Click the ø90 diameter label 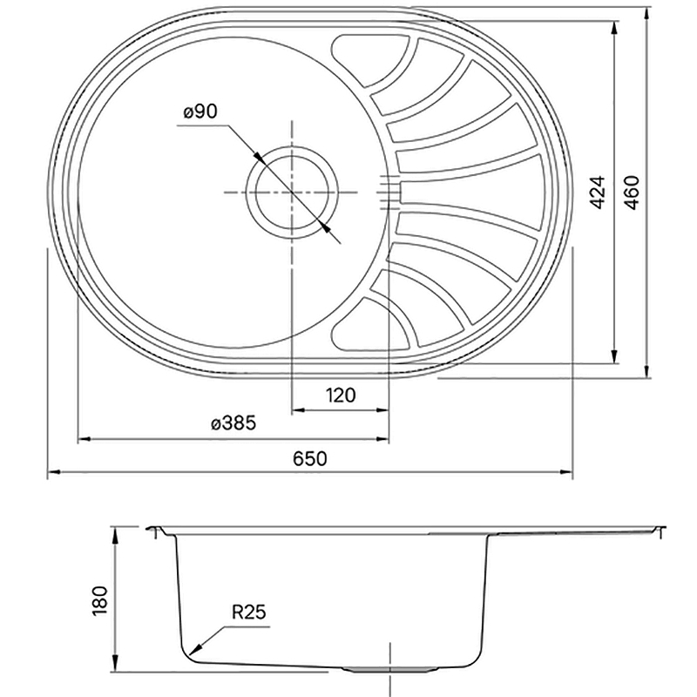pyautogui.click(x=200, y=112)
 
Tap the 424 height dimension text pyautogui.click(x=599, y=192)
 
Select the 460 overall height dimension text pyautogui.click(x=631, y=192)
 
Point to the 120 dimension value pyautogui.click(x=341, y=395)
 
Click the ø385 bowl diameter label pyautogui.click(x=233, y=423)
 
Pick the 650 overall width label pyautogui.click(x=310, y=458)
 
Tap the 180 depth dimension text pyautogui.click(x=100, y=600)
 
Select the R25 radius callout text pyautogui.click(x=248, y=612)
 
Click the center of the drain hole pyautogui.click(x=292, y=192)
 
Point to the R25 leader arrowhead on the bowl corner pyautogui.click(x=193, y=651)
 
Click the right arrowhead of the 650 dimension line pyautogui.click(x=567, y=472)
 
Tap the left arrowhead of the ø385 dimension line pyautogui.click(x=85, y=439)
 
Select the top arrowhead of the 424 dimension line pyautogui.click(x=614, y=28)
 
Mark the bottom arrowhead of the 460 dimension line pyautogui.click(x=646, y=372)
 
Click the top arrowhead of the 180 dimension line pyautogui.click(x=116, y=533)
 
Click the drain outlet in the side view pyautogui.click(x=389, y=668)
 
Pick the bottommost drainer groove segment pyautogui.click(x=371, y=324)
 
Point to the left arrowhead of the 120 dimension pyautogui.click(x=298, y=409)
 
